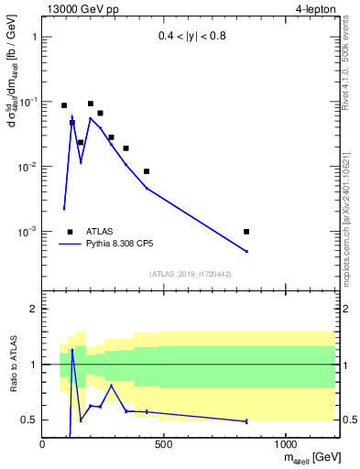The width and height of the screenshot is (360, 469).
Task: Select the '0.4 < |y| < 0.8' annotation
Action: [x=192, y=38]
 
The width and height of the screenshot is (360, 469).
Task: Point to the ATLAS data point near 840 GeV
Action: [x=246, y=232]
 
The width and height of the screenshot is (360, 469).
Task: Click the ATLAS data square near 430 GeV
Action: [x=147, y=171]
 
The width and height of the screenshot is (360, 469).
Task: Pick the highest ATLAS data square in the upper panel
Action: [x=91, y=104]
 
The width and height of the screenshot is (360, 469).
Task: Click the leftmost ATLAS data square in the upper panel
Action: [x=64, y=105]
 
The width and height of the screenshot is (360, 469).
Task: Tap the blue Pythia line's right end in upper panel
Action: [x=246, y=251]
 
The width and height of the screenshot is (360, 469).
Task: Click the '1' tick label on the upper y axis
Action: [x=34, y=38]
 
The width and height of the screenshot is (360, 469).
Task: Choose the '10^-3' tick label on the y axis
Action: [x=28, y=232]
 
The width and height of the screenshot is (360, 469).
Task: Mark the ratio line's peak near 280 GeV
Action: [x=112, y=386]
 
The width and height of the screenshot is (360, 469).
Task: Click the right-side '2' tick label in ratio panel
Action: [x=344, y=310]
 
